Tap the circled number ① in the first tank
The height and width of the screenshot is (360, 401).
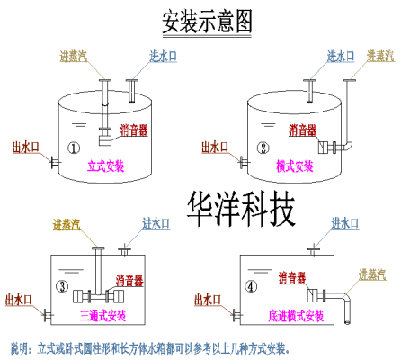tap(75, 148)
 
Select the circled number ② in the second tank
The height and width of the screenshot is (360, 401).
tap(263, 148)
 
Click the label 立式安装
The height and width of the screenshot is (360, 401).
tap(106, 166)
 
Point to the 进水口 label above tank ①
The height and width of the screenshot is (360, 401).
tap(164, 57)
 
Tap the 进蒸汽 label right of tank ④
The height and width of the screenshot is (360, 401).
tap(373, 274)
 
